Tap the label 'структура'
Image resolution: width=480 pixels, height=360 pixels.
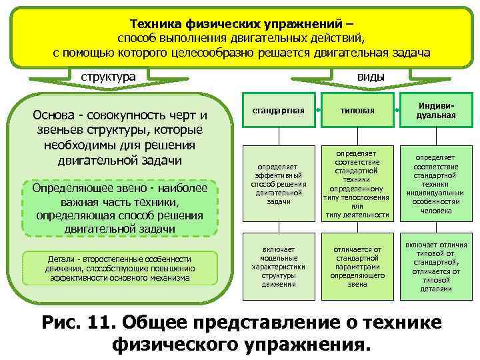108,77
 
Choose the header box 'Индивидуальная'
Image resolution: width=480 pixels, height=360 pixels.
437,110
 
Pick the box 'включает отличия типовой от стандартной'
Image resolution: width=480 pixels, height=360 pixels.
437,265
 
